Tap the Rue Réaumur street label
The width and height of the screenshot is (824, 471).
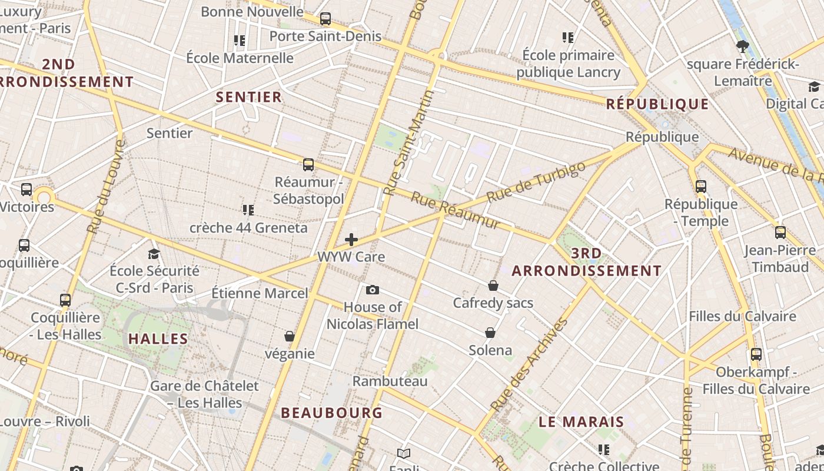coord(455,210)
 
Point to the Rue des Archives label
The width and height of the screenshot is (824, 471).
coord(529,365)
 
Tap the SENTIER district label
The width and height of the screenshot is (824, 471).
coord(249,97)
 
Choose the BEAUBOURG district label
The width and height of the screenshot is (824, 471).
coord(332,413)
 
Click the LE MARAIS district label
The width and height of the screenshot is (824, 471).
coord(582,422)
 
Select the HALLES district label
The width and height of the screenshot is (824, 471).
coord(158,339)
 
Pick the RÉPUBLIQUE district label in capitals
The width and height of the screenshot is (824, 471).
coord(657,104)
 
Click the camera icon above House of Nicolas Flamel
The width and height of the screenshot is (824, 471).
coord(373,290)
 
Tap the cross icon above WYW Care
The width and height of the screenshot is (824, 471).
coord(351,239)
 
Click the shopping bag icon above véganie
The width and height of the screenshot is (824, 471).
coord(290,336)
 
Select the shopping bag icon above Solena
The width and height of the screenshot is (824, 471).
coord(490,333)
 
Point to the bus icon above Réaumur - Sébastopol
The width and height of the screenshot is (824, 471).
coord(308,165)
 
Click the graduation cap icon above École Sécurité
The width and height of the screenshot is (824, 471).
coord(154,254)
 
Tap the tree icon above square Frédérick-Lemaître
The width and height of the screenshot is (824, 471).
coord(743,46)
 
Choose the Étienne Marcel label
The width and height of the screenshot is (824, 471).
coord(260,293)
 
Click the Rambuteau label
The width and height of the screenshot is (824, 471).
coord(390,382)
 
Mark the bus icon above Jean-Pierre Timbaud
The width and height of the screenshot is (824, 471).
coord(780,233)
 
